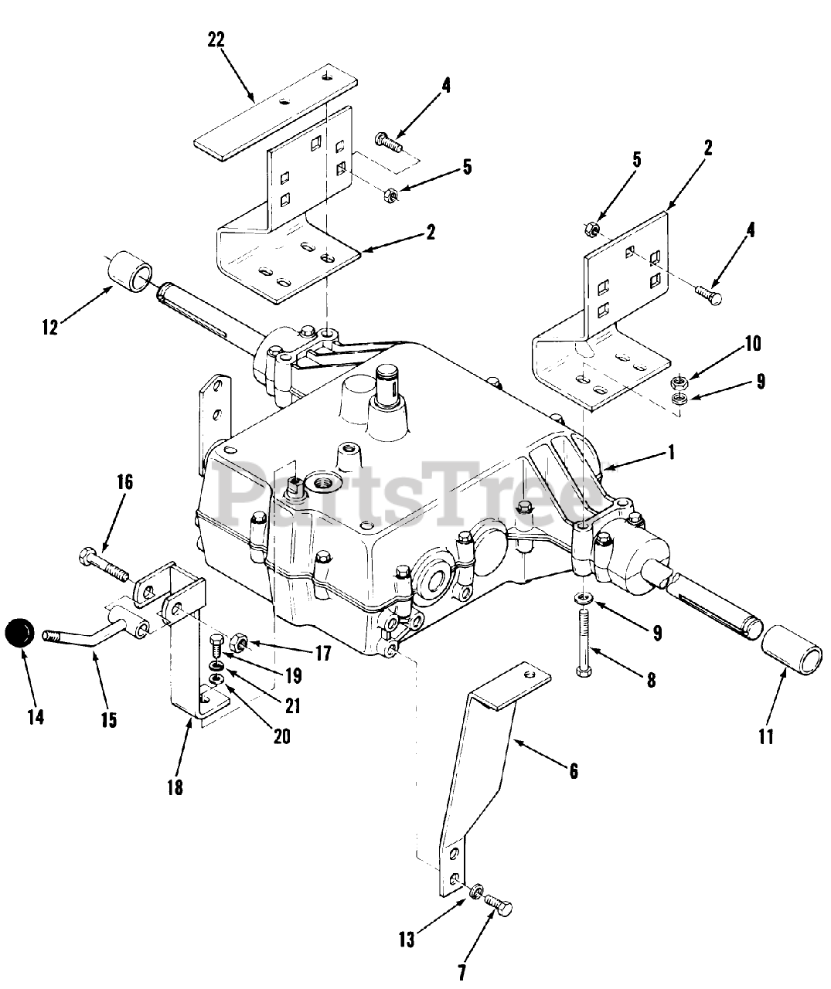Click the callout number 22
click(216, 40)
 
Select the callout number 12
click(50, 327)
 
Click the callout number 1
click(671, 452)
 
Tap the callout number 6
click(573, 771)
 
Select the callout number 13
click(407, 940)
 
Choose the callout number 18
click(175, 788)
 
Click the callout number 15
click(108, 720)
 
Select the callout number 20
click(281, 736)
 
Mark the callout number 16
click(124, 483)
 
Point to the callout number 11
click(765, 736)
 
